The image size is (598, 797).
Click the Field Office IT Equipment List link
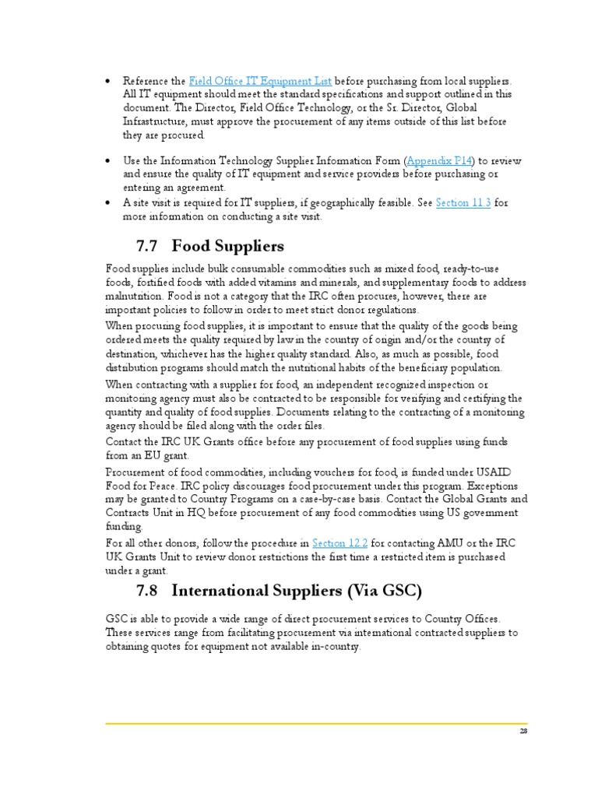[x=261, y=81]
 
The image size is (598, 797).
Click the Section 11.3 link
[x=463, y=203]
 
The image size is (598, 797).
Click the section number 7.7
[x=148, y=247]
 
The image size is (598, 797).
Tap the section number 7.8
[x=148, y=591]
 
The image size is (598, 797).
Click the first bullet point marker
[x=107, y=82]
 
